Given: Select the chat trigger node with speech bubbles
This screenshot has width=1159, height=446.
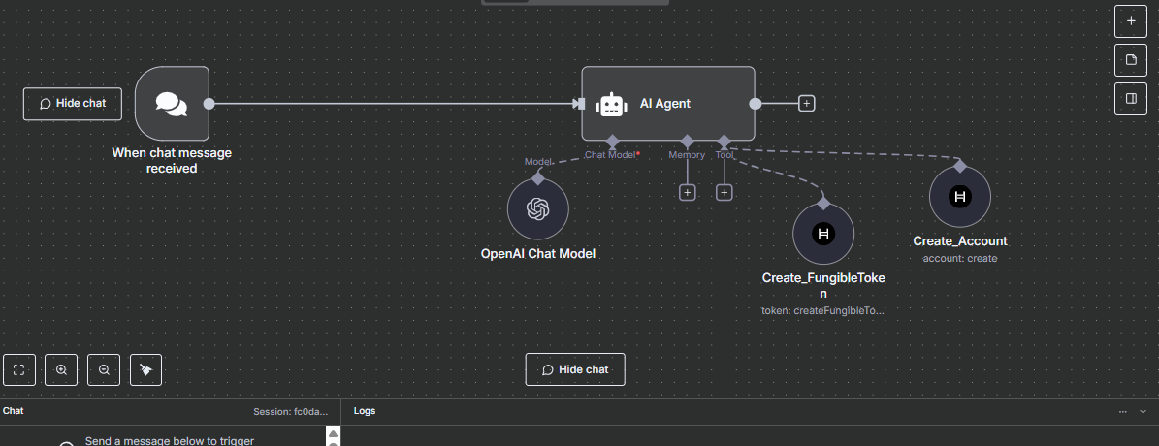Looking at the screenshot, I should tap(172, 104).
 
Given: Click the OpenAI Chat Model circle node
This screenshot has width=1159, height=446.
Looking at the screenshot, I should tap(537, 208).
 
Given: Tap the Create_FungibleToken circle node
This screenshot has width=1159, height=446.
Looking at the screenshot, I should tap(823, 234).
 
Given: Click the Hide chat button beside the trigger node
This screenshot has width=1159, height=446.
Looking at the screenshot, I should tap(73, 104).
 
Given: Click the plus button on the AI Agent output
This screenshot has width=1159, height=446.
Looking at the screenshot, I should tap(806, 104).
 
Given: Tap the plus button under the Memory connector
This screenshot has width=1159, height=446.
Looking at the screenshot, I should tap(687, 192).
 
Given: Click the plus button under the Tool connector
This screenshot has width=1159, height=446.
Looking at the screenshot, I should tap(724, 192).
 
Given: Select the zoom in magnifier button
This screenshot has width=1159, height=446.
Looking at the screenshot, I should tap(61, 369).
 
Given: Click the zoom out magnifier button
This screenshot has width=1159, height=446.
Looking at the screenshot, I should tap(104, 369).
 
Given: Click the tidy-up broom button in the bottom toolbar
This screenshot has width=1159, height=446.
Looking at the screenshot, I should tap(145, 369).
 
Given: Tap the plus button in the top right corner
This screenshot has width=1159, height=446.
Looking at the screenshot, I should tap(1130, 19).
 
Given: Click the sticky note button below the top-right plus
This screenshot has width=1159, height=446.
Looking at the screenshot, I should tap(1130, 60).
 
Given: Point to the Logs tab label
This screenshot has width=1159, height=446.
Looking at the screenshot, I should tap(365, 411).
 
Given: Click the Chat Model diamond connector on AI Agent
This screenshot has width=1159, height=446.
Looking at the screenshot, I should tap(612, 141).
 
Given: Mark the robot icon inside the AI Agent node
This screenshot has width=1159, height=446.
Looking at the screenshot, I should tap(610, 104).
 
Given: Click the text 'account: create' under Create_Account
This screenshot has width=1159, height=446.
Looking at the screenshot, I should tap(960, 259).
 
